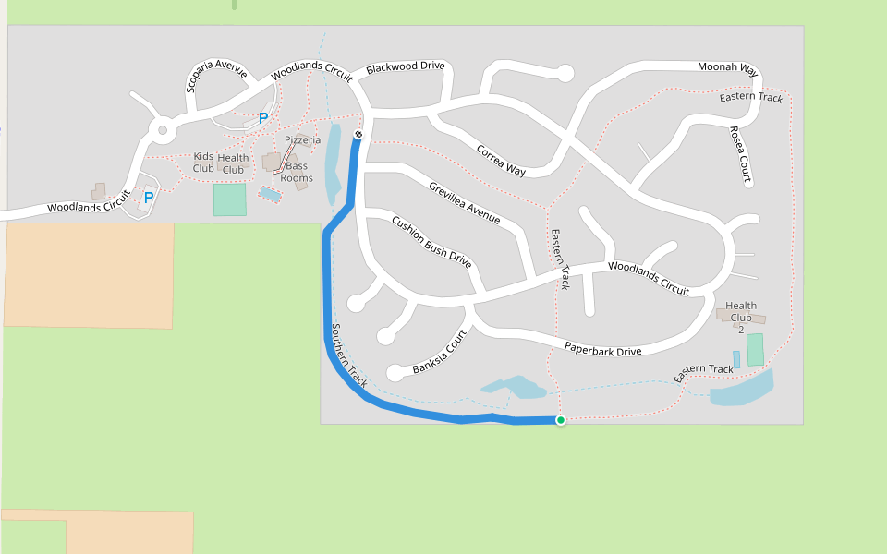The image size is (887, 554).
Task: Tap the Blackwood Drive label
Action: click(x=405, y=67)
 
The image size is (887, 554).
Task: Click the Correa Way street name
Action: click(x=501, y=160)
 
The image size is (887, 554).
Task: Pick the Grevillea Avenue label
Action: click(x=464, y=202)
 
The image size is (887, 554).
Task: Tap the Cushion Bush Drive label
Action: click(x=431, y=241)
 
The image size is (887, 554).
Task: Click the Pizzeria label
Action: click(x=302, y=139)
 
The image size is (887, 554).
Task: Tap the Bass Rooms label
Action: click(x=297, y=173)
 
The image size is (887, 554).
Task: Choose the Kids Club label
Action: click(x=203, y=163)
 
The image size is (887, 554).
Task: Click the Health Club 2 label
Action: click(x=740, y=311)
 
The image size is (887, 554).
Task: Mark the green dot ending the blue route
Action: click(x=560, y=420)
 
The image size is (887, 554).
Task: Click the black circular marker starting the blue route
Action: click(x=358, y=136)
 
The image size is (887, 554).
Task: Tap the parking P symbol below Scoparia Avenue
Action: click(x=262, y=118)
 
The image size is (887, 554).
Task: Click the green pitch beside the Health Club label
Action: click(x=229, y=199)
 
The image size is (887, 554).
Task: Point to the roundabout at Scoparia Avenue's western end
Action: click(x=164, y=131)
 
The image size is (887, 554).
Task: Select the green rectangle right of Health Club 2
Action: click(x=755, y=349)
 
